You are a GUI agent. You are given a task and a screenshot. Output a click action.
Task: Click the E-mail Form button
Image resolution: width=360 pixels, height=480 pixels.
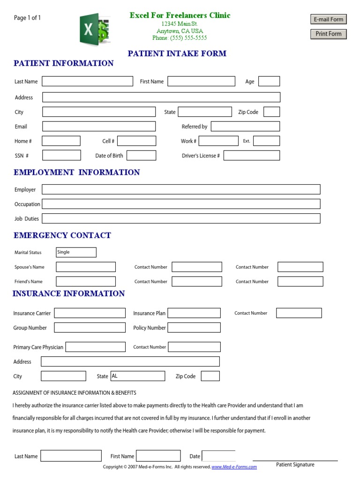click(x=328, y=19)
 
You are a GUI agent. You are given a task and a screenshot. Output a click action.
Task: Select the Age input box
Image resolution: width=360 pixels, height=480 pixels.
click(x=269, y=82)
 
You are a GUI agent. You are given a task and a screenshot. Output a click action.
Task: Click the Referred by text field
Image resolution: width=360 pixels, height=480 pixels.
click(x=245, y=127)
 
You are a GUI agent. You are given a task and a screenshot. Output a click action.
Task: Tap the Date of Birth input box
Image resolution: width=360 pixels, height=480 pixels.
click(x=141, y=156)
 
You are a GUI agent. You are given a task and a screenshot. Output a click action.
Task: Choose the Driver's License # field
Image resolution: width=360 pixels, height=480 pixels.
click(x=251, y=156)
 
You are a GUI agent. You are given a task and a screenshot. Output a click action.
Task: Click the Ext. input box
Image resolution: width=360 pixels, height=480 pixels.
click(x=266, y=141)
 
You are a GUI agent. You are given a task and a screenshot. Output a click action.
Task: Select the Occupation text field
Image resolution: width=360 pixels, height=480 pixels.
click(x=181, y=204)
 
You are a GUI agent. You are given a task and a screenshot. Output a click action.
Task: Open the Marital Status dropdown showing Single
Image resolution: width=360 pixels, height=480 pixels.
click(x=76, y=252)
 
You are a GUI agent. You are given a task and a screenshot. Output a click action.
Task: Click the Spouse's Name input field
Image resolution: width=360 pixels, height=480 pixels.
click(x=86, y=267)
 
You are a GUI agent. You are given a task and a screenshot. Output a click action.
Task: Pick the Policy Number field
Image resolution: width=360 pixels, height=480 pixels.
click(x=194, y=328)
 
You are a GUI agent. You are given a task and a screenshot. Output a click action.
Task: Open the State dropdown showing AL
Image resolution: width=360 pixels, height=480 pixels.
click(x=137, y=376)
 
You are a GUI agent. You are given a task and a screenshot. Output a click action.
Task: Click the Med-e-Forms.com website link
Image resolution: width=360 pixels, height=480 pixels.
click(x=234, y=467)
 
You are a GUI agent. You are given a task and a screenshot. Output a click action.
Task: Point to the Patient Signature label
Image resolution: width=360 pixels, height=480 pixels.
click(x=295, y=465)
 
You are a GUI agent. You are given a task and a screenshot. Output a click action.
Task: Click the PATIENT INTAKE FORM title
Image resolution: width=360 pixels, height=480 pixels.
click(x=177, y=53)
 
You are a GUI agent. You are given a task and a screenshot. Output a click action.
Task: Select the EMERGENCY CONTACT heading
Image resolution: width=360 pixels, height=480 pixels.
click(x=62, y=235)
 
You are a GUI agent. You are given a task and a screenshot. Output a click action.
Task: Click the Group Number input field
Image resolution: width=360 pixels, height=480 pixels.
click(x=90, y=328)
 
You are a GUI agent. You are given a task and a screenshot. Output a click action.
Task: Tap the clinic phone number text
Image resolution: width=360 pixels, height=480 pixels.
click(x=180, y=38)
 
